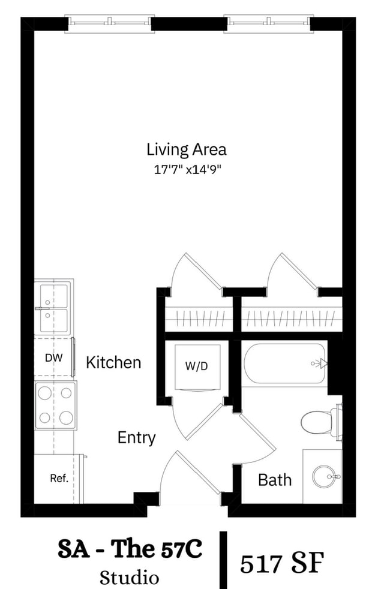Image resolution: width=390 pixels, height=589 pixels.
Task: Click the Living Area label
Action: tap(187, 149)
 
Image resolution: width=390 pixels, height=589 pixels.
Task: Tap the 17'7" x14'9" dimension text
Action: tap(187, 170)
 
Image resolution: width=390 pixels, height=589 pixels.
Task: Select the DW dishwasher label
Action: tap(54, 358)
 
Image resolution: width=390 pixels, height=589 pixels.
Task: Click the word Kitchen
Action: tap(113, 362)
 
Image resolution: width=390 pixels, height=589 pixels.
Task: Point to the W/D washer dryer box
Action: tap(197, 367)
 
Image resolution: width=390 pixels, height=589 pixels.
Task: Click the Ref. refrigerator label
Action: tap(59, 478)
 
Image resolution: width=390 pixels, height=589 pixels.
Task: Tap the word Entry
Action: tap(136, 438)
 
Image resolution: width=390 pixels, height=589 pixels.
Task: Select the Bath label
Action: tap(275, 480)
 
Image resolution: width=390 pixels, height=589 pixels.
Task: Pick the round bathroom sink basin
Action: tap(323, 477)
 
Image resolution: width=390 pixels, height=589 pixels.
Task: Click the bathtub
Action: tap(284, 364)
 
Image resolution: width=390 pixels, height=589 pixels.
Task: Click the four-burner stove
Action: tap(56, 405)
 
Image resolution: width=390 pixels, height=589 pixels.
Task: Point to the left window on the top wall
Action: tap(110, 23)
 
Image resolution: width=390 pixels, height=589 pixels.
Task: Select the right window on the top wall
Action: tap(269, 23)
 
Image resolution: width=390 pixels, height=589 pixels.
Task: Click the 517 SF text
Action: tap(282, 563)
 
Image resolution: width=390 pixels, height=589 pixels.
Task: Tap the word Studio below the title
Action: tap(129, 578)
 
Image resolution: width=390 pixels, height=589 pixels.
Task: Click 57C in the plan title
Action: tap(182, 549)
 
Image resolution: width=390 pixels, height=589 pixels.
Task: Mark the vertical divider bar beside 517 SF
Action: tap(224, 560)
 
